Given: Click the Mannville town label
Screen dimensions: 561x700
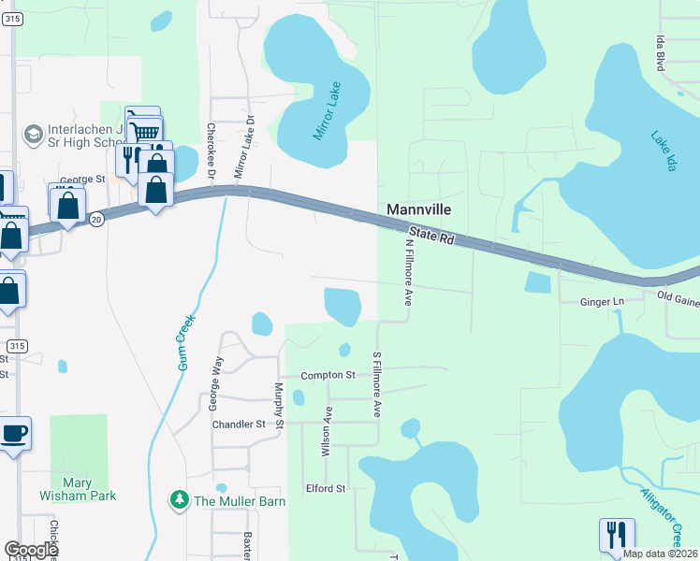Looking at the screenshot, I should coord(418,210).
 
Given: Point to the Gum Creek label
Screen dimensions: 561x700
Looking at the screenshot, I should coord(184,343).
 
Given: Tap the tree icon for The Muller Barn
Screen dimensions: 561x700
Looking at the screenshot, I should coord(179,501).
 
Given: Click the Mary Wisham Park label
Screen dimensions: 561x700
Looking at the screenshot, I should coord(79,489).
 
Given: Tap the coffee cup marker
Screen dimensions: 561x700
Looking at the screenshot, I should coord(14,434).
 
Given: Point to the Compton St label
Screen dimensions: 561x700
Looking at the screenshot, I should coord(328,376).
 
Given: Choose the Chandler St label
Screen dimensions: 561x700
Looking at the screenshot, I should coord(239,424).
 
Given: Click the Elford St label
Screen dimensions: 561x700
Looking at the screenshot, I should coord(326,489).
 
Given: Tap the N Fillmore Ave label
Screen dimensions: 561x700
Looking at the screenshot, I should coord(409,272).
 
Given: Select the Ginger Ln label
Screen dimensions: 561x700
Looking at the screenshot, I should coord(602,303).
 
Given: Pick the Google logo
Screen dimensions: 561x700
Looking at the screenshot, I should coord(31,550).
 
